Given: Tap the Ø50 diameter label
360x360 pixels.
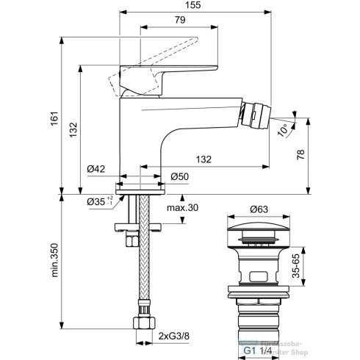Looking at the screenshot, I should (x=179, y=176).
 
